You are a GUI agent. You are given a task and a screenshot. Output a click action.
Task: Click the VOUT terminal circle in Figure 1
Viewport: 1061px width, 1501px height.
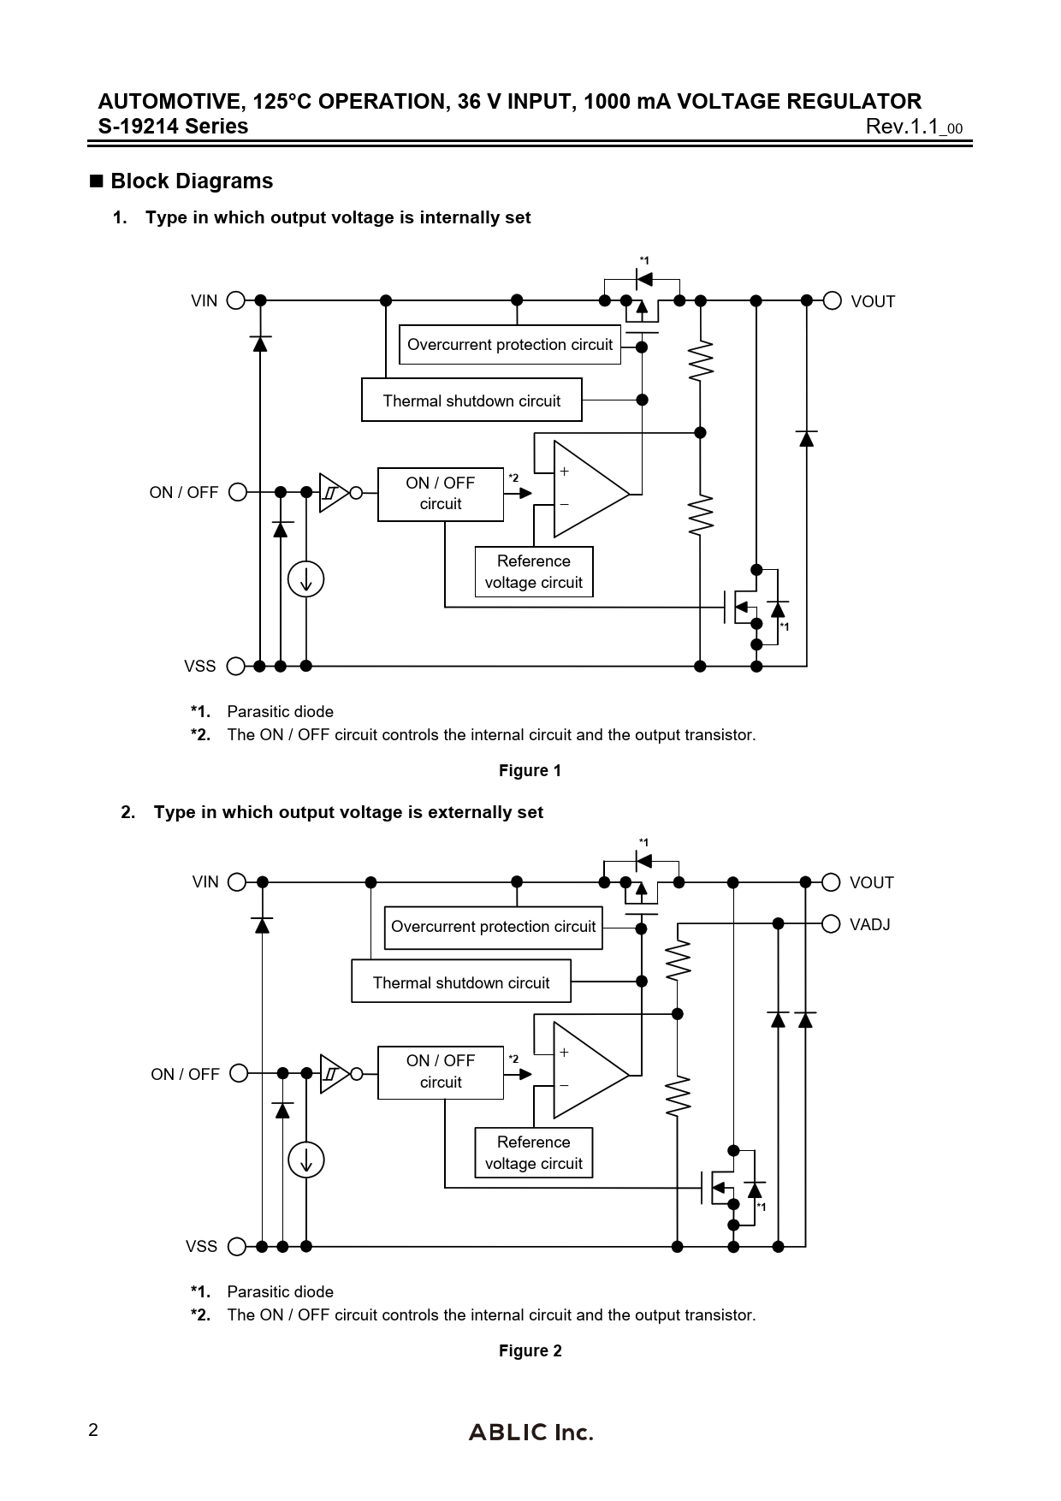click(832, 300)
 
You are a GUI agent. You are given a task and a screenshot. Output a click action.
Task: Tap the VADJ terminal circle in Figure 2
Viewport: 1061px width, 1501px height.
click(830, 923)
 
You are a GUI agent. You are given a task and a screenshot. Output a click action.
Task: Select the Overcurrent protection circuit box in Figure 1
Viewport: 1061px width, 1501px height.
click(510, 345)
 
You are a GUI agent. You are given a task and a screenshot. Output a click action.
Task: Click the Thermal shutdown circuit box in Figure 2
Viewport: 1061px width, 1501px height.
click(461, 982)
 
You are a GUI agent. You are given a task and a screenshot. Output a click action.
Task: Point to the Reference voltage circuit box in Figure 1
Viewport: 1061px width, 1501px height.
click(534, 572)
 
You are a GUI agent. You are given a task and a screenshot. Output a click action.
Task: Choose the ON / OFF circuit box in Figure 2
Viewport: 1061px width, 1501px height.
click(441, 1071)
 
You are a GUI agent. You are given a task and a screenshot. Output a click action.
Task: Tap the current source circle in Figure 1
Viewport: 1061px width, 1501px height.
click(305, 579)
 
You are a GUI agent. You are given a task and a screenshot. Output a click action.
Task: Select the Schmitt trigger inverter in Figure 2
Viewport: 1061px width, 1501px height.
click(335, 1074)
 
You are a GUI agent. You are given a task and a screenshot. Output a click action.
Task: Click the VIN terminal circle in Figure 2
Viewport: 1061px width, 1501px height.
click(238, 882)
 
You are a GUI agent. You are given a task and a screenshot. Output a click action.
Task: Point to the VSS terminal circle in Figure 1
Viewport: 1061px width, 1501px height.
click(236, 666)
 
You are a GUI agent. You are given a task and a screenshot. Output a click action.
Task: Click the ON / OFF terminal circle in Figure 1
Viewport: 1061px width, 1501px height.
click(238, 492)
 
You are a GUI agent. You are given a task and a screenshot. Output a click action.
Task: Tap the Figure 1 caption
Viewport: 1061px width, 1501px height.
click(530, 770)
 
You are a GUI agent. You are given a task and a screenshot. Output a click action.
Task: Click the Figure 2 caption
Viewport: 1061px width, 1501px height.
click(530, 1350)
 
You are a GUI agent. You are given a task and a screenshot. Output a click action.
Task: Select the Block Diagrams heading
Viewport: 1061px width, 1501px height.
click(191, 181)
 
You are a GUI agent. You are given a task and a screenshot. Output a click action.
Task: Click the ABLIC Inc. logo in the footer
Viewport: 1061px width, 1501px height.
click(530, 1432)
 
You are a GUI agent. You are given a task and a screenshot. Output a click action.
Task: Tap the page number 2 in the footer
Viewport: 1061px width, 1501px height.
click(93, 1430)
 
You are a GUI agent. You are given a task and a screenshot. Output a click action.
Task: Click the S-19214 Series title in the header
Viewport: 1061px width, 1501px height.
click(174, 127)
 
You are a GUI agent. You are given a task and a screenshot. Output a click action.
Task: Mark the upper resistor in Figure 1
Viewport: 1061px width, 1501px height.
click(701, 359)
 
